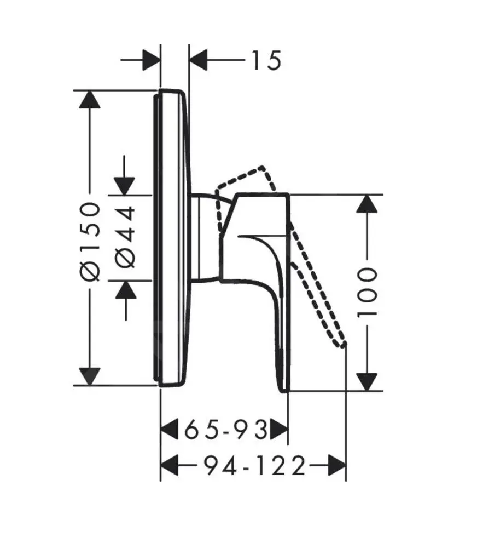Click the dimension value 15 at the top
pyautogui.click(x=266, y=60)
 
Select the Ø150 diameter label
pyautogui.click(x=90, y=241)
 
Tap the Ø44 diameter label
pyautogui.click(x=126, y=237)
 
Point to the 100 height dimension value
pyautogui.click(x=367, y=293)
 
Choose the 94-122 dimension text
pyautogui.click(x=254, y=466)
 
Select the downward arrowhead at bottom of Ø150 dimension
pyautogui.click(x=90, y=376)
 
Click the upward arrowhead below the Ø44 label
pyautogui.click(x=126, y=289)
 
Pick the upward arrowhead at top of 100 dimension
pyautogui.click(x=367, y=204)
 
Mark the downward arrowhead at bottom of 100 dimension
pyautogui.click(x=367, y=381)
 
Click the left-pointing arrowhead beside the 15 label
pyautogui.click(x=198, y=60)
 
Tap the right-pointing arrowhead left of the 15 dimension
pyautogui.click(x=151, y=60)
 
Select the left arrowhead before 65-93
pyautogui.click(x=169, y=430)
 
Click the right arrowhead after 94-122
pyautogui.click(x=336, y=466)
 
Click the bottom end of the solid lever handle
pyautogui.click(x=283, y=389)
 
